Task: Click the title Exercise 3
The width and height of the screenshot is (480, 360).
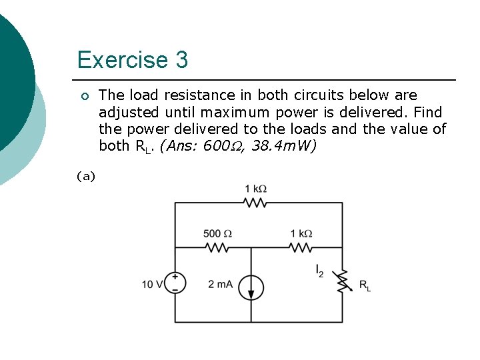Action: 133,60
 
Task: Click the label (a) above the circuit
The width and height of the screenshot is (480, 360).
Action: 86,176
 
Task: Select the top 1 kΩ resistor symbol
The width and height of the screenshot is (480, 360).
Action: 255,203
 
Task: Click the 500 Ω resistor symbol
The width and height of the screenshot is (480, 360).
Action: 217,247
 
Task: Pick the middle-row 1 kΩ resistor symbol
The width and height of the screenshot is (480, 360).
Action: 301,247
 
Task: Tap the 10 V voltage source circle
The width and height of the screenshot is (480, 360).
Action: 175,283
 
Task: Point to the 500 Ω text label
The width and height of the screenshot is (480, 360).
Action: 217,233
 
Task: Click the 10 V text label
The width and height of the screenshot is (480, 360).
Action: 151,285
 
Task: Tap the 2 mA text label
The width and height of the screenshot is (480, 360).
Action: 220,285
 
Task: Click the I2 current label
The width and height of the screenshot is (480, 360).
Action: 320,271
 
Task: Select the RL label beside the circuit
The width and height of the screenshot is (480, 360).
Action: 365,285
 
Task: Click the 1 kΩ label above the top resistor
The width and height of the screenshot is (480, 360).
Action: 255,189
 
